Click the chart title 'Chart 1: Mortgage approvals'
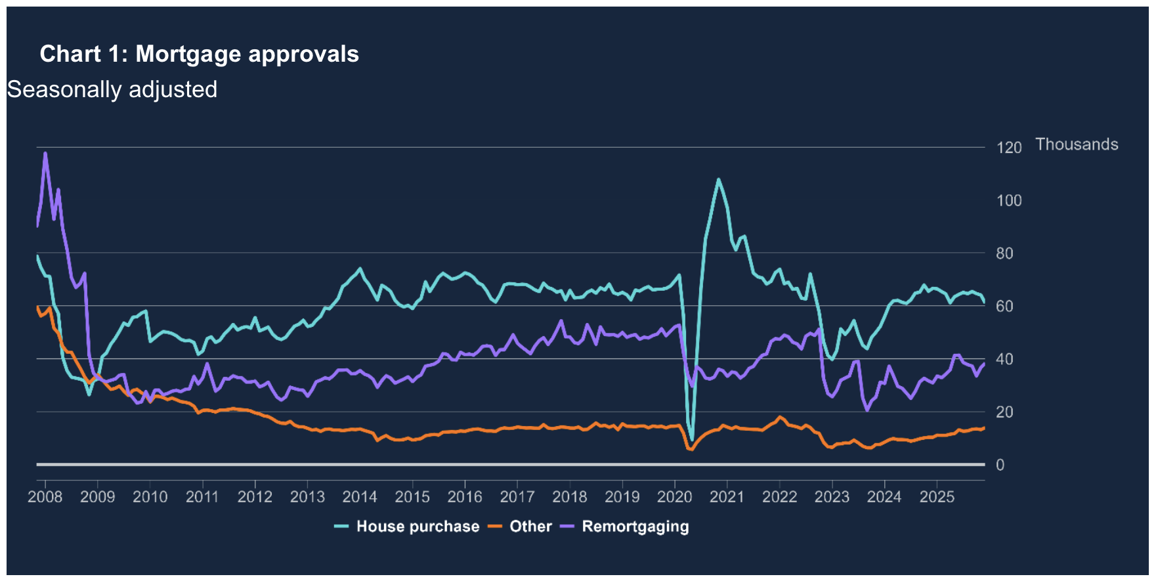tap(199, 54)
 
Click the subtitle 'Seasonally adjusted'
tap(112, 89)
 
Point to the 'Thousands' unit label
tap(1077, 144)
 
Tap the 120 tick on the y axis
tap(1009, 148)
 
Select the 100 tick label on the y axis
tap(1009, 201)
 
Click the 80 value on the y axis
tap(1004, 253)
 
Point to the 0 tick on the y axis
tap(1000, 465)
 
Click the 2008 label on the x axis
tap(45, 497)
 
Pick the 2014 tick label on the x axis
tap(360, 497)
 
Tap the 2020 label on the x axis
tap(675, 497)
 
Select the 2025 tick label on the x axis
tap(937, 497)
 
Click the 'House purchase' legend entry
tap(418, 527)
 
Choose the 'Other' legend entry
tap(530, 527)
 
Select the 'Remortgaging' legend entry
tap(635, 527)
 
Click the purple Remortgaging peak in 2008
tap(45, 154)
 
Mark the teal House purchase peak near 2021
tap(718, 179)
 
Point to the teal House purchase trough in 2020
tap(692, 440)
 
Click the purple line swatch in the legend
tap(568, 527)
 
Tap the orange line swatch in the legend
tap(496, 527)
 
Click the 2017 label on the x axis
tap(517, 497)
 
